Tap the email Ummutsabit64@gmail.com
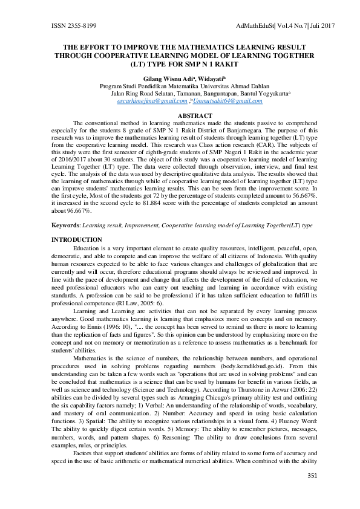point(232,101)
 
